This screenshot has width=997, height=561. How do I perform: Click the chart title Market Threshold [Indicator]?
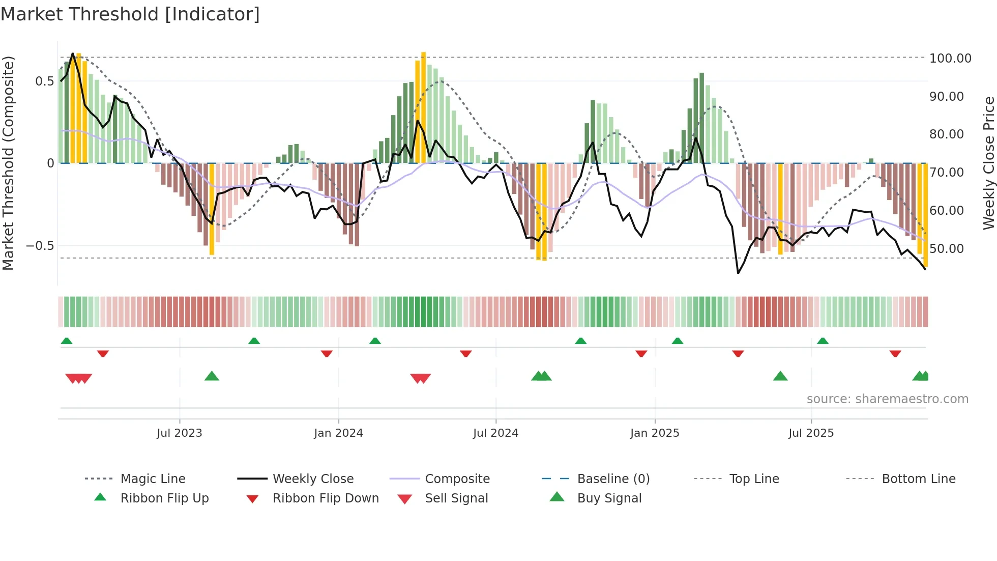[x=130, y=14]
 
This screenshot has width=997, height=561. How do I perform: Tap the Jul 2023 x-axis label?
[x=179, y=433]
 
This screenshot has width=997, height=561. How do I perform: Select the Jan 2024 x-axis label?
[x=338, y=433]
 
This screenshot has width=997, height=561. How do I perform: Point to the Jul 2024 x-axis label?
[x=495, y=433]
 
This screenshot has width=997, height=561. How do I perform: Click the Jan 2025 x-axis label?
[x=654, y=433]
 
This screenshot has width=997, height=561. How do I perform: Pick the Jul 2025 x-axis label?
[x=811, y=433]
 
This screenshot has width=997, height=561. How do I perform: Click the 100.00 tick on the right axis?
[x=950, y=59]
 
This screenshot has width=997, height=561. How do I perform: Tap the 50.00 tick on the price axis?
[x=946, y=249]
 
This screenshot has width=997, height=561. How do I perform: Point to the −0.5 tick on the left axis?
[x=40, y=246]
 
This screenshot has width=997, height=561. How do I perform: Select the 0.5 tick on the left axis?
[x=44, y=81]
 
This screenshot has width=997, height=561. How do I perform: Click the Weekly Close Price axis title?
[x=988, y=163]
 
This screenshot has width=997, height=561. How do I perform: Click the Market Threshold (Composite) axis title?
[x=8, y=163]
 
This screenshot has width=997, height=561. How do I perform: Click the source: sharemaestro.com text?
[x=887, y=399]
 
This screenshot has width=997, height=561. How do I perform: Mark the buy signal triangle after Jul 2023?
[x=212, y=376]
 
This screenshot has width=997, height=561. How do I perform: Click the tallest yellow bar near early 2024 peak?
[x=423, y=107]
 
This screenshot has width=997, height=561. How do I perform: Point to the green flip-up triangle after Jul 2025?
[x=823, y=341]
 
